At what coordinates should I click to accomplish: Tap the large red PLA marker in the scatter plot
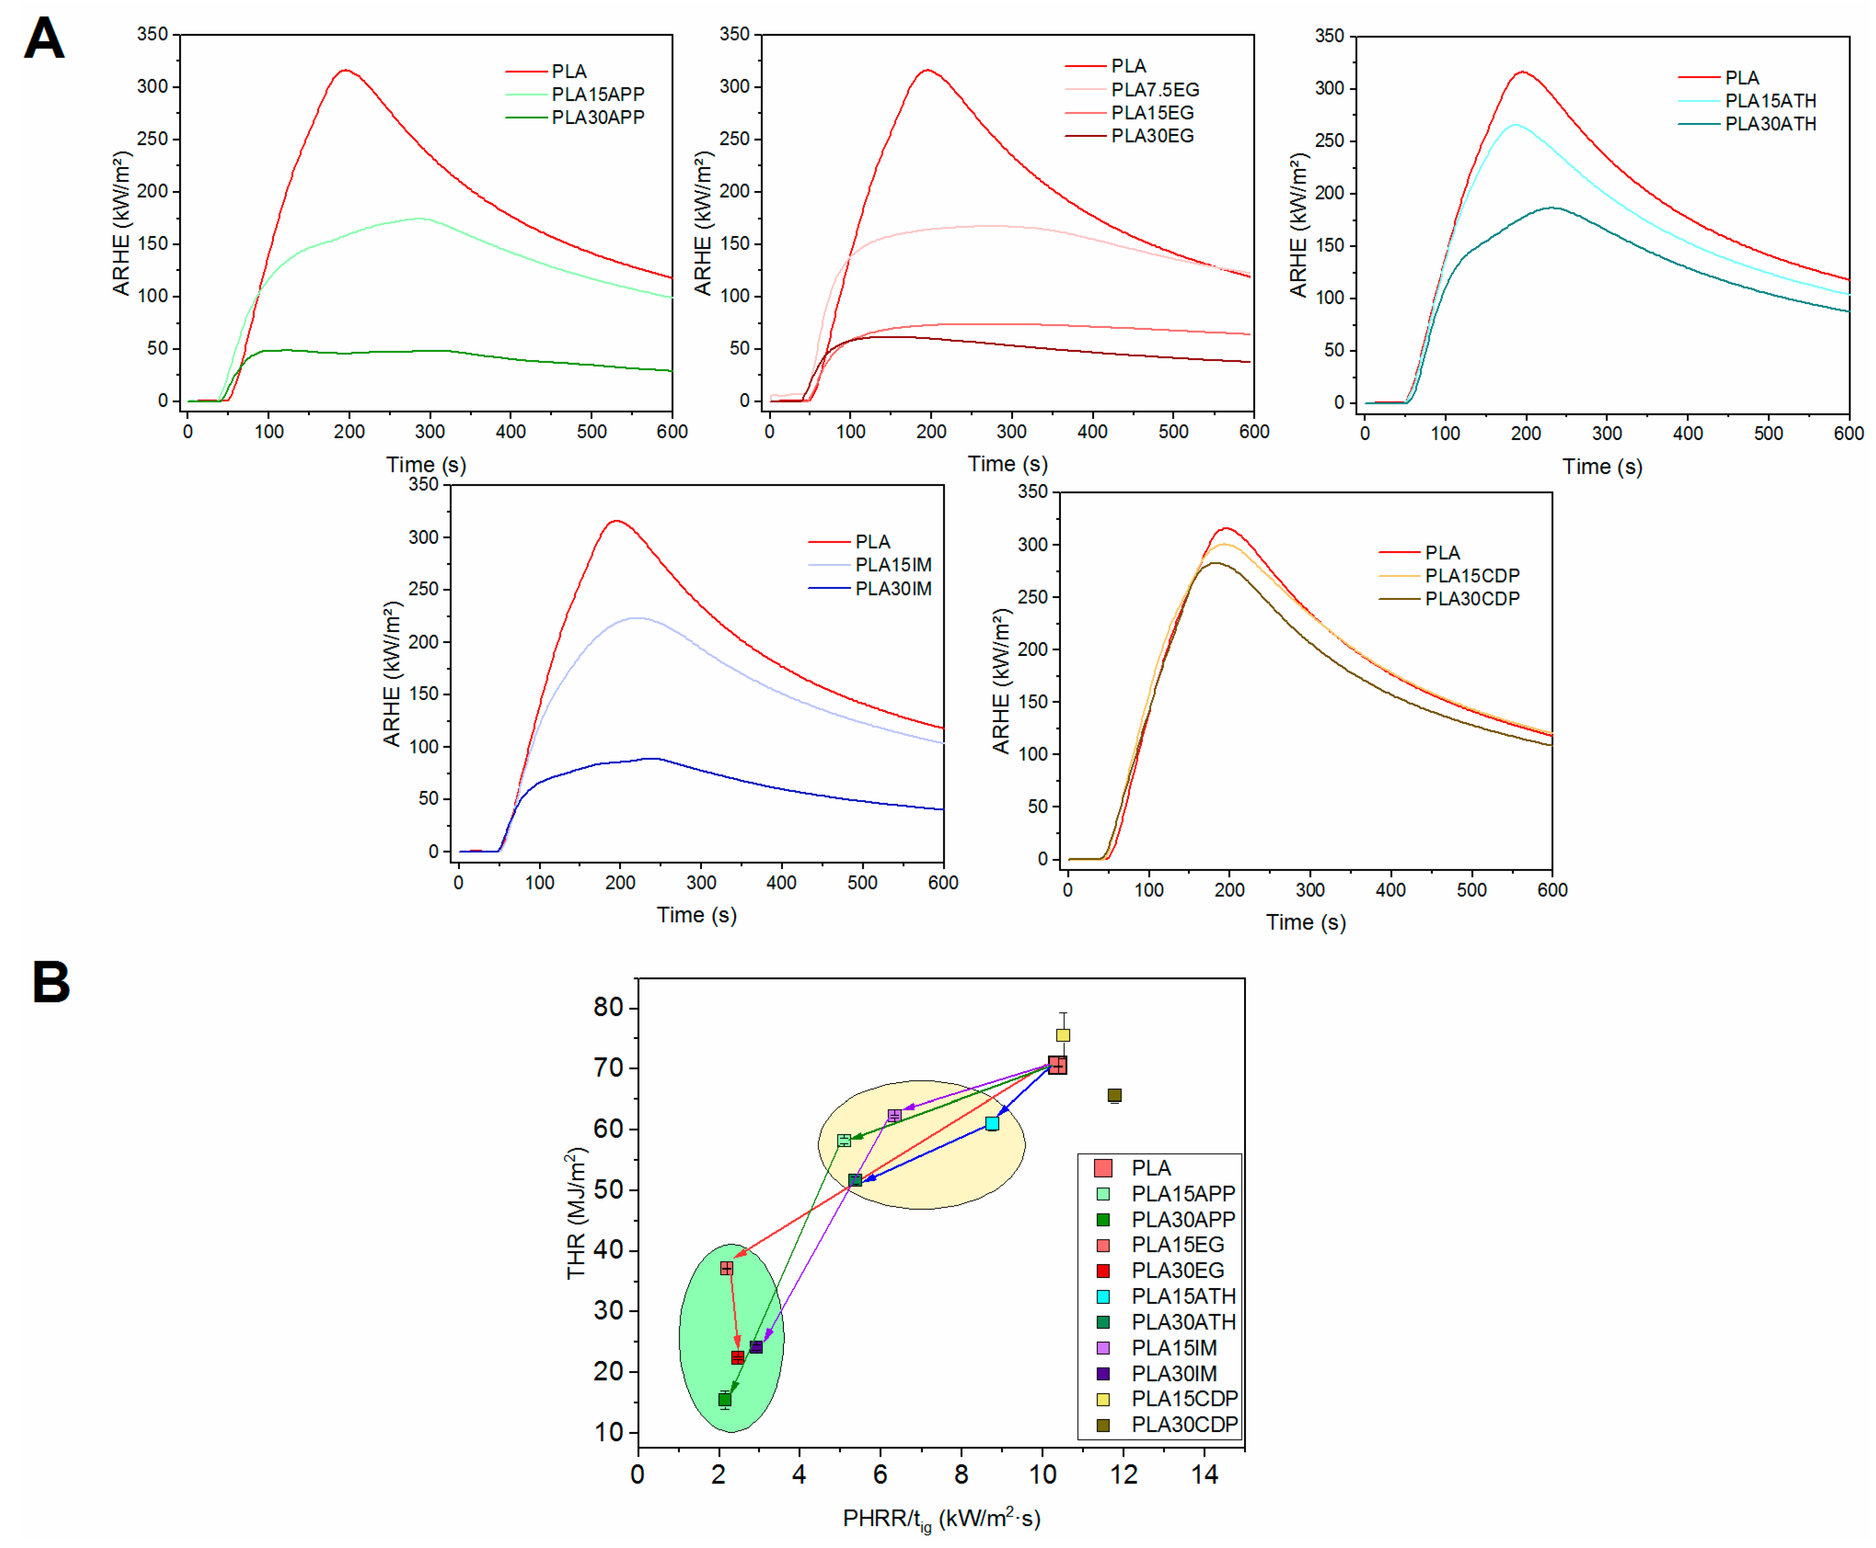pos(1056,1065)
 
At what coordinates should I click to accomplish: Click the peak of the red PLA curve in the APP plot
pos(345,70)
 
